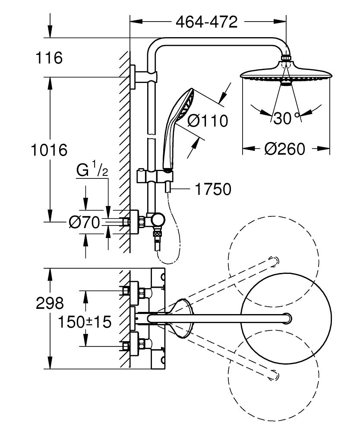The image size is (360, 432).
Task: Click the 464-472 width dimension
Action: point(206,22)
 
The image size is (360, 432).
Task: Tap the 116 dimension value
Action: point(49,57)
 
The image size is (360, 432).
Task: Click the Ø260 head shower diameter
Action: point(284,149)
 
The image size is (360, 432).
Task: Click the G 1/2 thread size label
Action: point(92,170)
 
